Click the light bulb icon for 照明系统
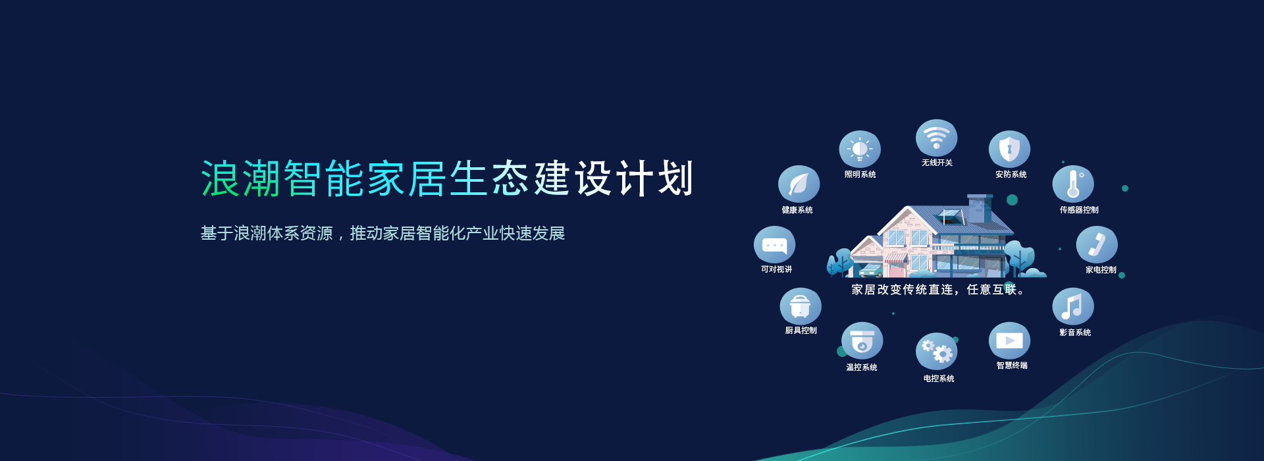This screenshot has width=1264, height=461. click(860, 149)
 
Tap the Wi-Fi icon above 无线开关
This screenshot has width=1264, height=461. click(936, 138)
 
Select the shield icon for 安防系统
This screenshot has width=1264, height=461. click(1009, 149)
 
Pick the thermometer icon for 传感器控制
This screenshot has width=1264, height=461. click(1073, 184)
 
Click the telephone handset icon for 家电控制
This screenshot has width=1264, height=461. click(1097, 244)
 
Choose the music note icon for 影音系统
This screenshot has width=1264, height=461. click(1072, 306)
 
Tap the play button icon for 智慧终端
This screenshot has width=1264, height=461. click(1009, 340)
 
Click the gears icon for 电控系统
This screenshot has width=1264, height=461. click(936, 351)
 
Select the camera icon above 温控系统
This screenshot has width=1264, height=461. click(862, 341)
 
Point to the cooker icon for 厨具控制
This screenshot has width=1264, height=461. click(801, 306)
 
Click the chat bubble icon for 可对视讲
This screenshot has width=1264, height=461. click(774, 245)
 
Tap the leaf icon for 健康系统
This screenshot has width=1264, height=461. click(799, 184)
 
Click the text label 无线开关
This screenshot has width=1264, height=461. click(937, 163)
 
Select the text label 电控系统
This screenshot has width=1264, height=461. click(939, 379)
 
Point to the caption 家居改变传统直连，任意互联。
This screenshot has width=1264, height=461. click(937, 290)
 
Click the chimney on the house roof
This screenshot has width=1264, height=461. click(980, 207)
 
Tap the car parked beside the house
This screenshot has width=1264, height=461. click(871, 270)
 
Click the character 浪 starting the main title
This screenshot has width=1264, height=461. click(220, 178)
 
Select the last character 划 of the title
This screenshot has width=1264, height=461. click(675, 178)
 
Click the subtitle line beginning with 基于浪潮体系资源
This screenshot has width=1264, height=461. click(382, 233)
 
